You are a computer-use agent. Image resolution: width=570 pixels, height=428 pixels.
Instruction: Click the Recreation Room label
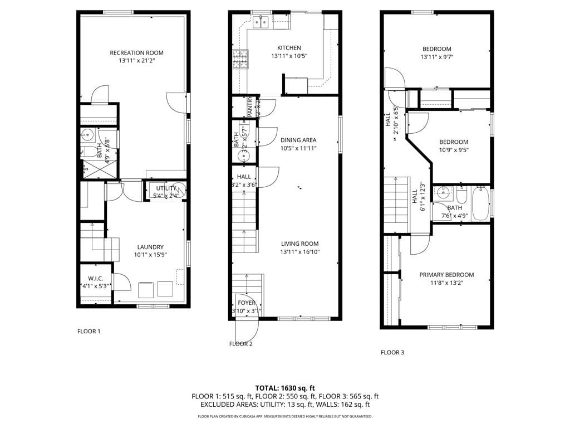136,53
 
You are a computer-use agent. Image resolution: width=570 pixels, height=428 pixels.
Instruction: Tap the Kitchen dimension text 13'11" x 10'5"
289,56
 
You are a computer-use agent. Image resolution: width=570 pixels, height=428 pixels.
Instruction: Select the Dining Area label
298,140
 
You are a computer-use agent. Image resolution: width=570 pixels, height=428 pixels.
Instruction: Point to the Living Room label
299,244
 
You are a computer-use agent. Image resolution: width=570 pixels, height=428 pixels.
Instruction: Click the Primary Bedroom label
446,275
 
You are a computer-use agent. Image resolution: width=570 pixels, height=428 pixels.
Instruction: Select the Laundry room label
150,247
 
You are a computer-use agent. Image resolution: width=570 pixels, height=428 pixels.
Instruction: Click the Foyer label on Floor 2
246,303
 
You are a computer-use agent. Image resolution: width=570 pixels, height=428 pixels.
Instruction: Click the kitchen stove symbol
240,59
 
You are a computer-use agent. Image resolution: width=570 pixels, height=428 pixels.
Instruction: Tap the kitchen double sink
261,22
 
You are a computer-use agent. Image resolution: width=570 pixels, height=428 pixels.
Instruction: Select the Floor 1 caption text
89,332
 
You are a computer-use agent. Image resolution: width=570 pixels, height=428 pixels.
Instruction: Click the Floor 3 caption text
392,352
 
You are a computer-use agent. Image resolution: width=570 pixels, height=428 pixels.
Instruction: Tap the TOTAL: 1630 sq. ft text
285,388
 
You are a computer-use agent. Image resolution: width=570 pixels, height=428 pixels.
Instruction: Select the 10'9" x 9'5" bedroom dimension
453,149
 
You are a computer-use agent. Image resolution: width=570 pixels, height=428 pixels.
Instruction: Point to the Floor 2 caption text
240,344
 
